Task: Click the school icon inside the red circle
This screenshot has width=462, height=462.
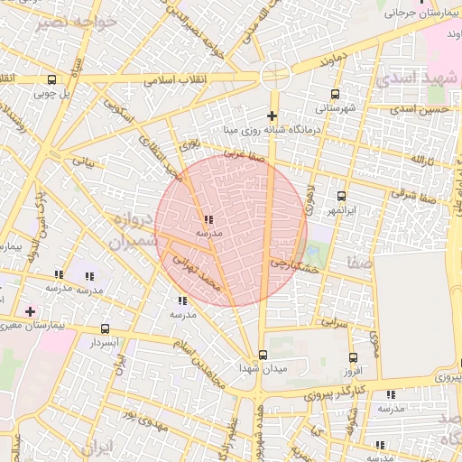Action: [208, 219]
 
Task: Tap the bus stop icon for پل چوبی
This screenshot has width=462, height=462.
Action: [51, 79]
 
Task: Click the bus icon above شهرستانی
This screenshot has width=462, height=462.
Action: [336, 94]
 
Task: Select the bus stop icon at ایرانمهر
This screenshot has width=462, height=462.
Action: [341, 196]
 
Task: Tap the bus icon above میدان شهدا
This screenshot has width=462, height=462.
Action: [263, 355]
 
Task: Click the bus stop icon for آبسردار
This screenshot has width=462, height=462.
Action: [106, 329]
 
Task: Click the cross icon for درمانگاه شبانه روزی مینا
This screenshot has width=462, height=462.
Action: [272, 115]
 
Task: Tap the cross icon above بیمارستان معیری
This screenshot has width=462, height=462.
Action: [31, 310]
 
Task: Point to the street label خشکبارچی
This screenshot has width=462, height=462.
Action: [295, 266]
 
